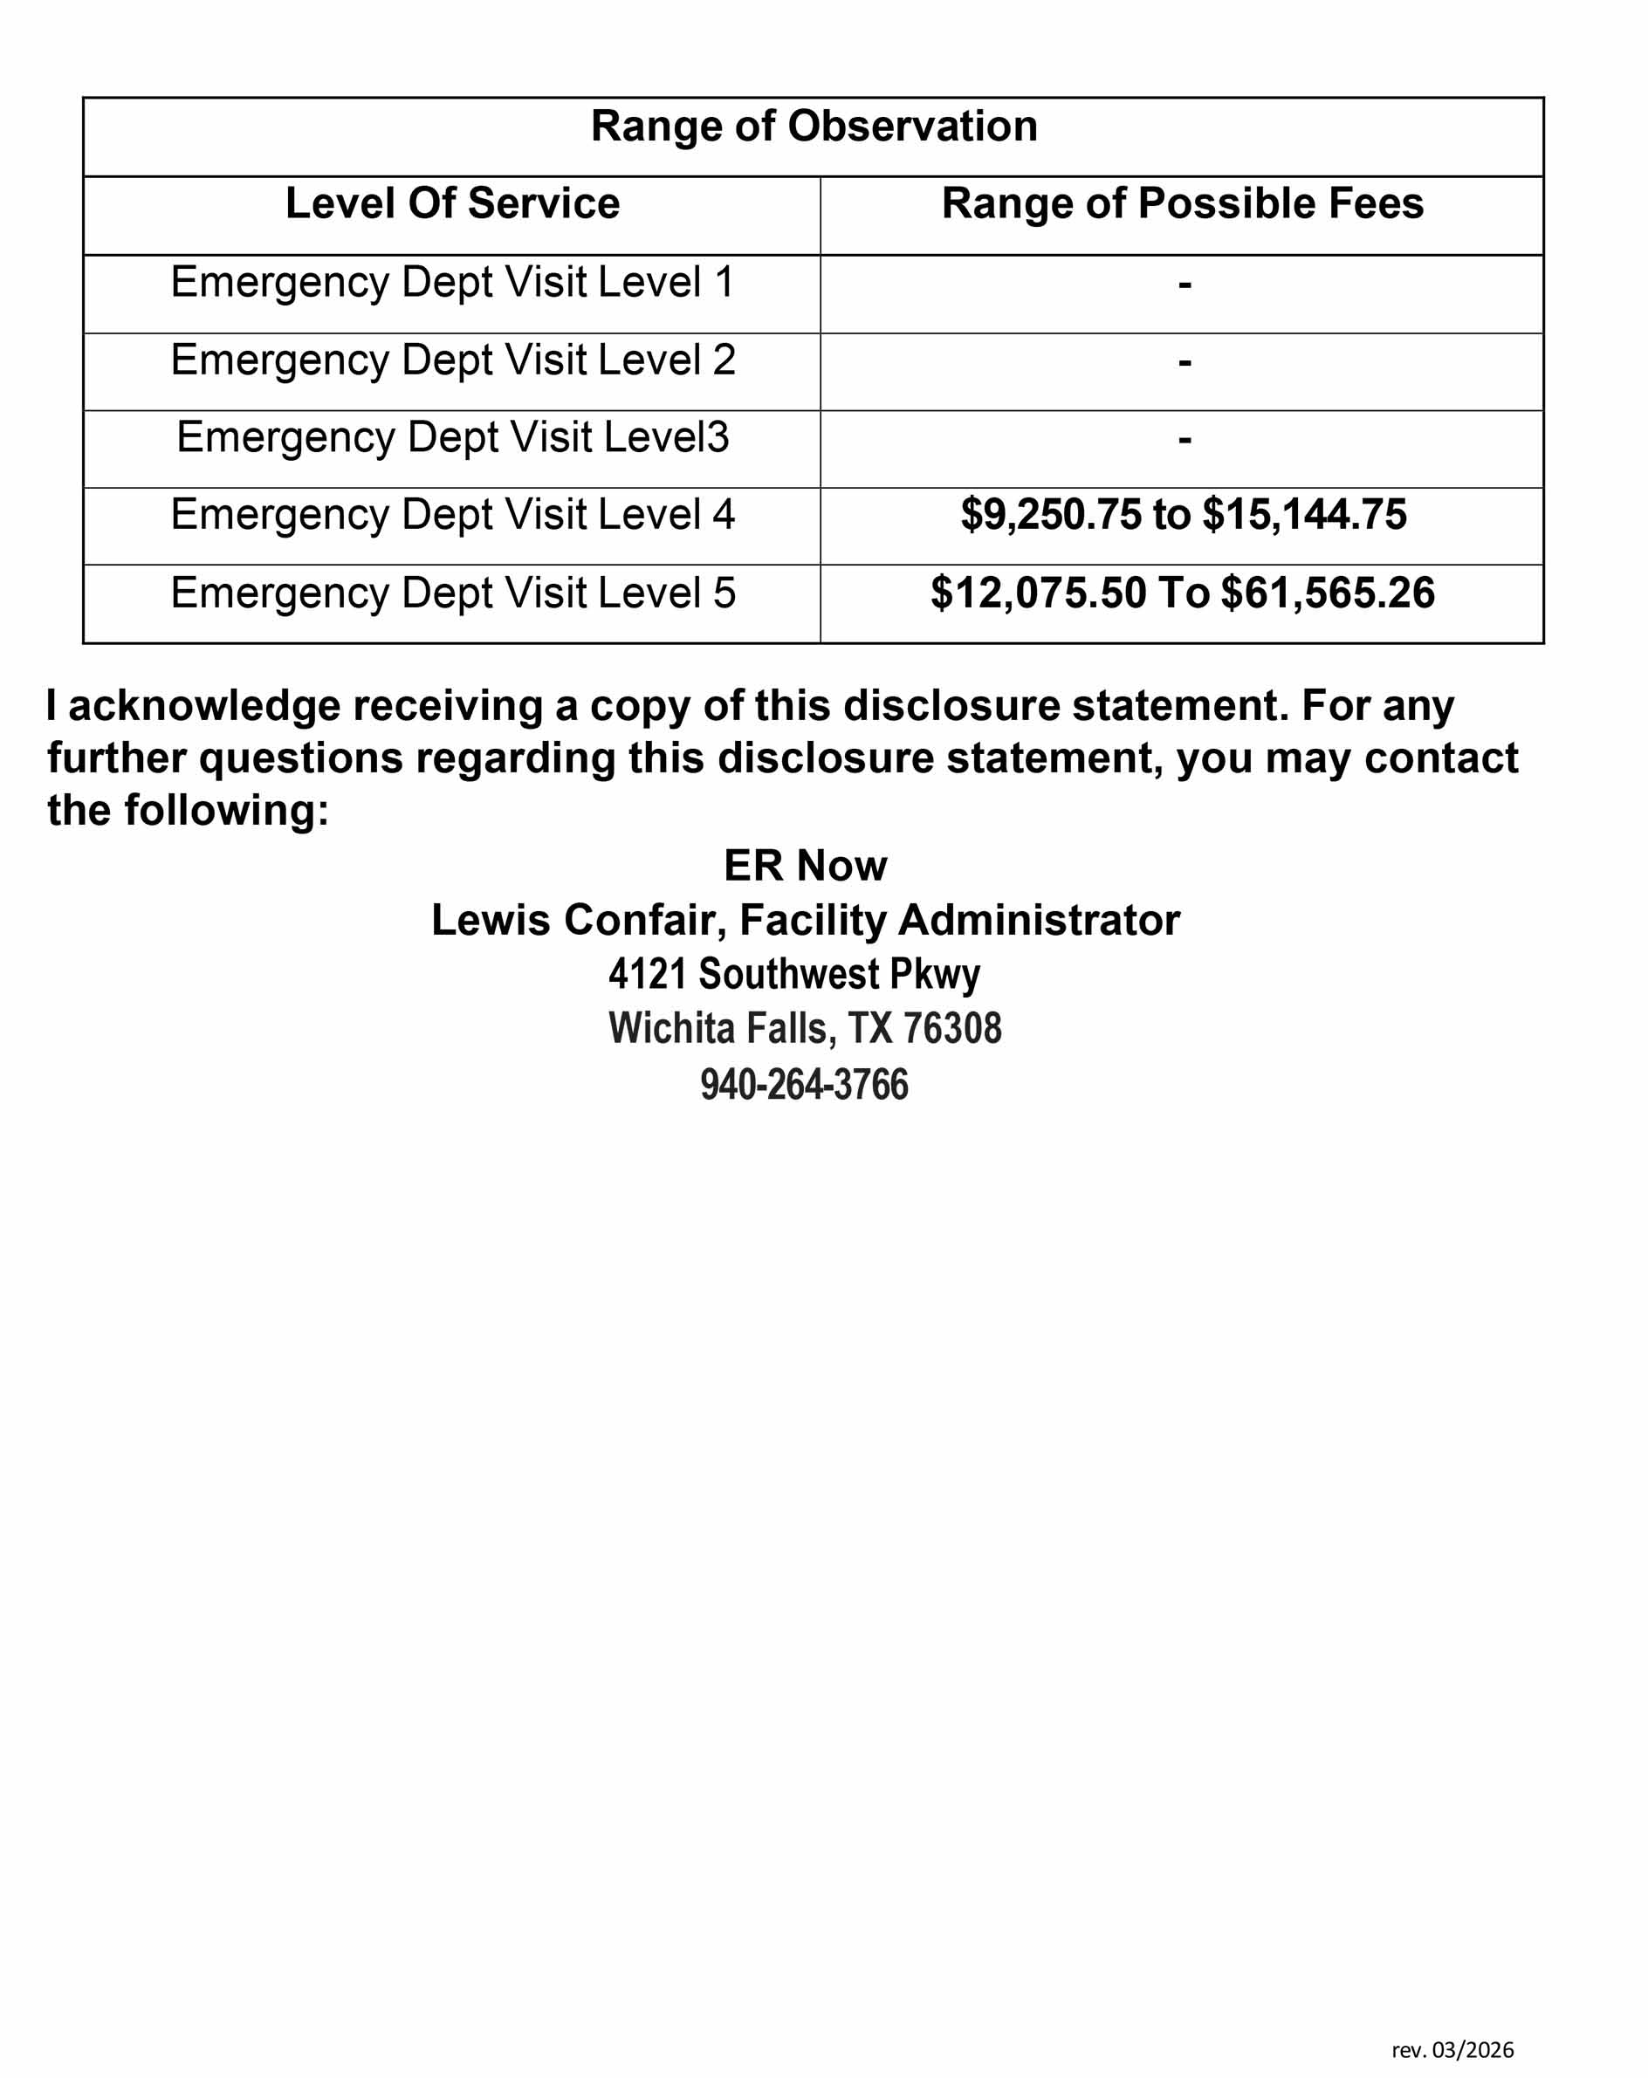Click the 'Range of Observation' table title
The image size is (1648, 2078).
click(814, 127)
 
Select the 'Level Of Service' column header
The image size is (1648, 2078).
click(452, 203)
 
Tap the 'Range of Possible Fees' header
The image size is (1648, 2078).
click(1182, 203)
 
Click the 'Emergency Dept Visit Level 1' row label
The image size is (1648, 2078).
click(452, 283)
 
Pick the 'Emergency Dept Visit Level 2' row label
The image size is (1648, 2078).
click(452, 360)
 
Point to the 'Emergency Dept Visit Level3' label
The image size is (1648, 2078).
click(452, 437)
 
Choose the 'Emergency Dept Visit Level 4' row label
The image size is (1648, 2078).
click(452, 515)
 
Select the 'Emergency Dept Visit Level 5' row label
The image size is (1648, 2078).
click(452, 593)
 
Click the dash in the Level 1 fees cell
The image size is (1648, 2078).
click(1184, 285)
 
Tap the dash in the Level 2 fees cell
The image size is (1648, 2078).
click(1184, 362)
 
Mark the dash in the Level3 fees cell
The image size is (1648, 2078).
click(1184, 440)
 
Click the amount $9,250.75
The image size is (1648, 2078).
click(1050, 515)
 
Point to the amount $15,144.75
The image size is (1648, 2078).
click(1304, 515)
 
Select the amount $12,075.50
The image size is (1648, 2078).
click(1038, 593)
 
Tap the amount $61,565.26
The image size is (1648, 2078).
click(1327, 593)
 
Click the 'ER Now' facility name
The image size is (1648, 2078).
click(805, 866)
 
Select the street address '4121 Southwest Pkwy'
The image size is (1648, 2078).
click(794, 975)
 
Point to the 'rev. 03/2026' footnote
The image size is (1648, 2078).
click(1452, 2049)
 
